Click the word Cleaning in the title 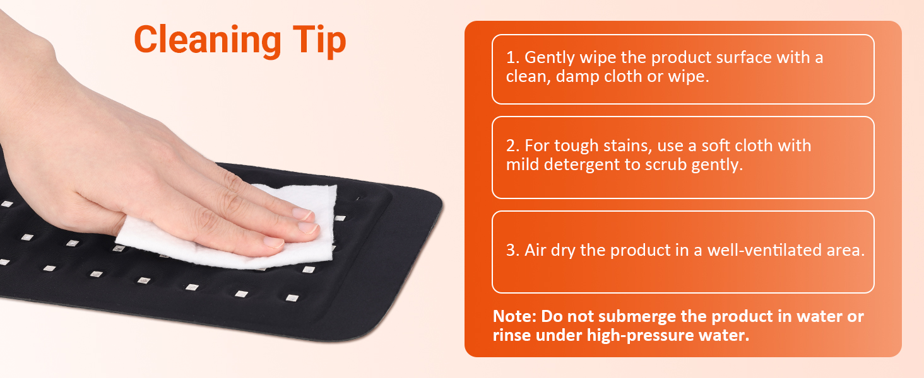click(x=208, y=40)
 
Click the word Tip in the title click(x=319, y=40)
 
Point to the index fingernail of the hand click(x=302, y=214)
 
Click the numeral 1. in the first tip click(x=512, y=58)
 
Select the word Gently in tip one click(x=550, y=58)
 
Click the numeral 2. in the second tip click(x=512, y=146)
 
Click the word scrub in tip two click(x=666, y=165)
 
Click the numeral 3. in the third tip click(x=512, y=250)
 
